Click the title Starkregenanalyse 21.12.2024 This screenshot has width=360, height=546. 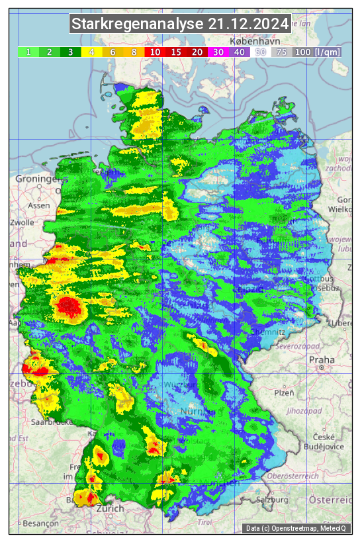click(180, 24)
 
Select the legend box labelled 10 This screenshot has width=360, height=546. click(155, 52)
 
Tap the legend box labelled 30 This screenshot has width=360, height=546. click(218, 52)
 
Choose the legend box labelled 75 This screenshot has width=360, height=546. click(281, 52)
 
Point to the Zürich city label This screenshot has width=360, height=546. click(110, 508)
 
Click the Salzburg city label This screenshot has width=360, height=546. click(271, 500)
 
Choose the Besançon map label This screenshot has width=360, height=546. click(35, 522)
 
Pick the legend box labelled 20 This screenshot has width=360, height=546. click(197, 52)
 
